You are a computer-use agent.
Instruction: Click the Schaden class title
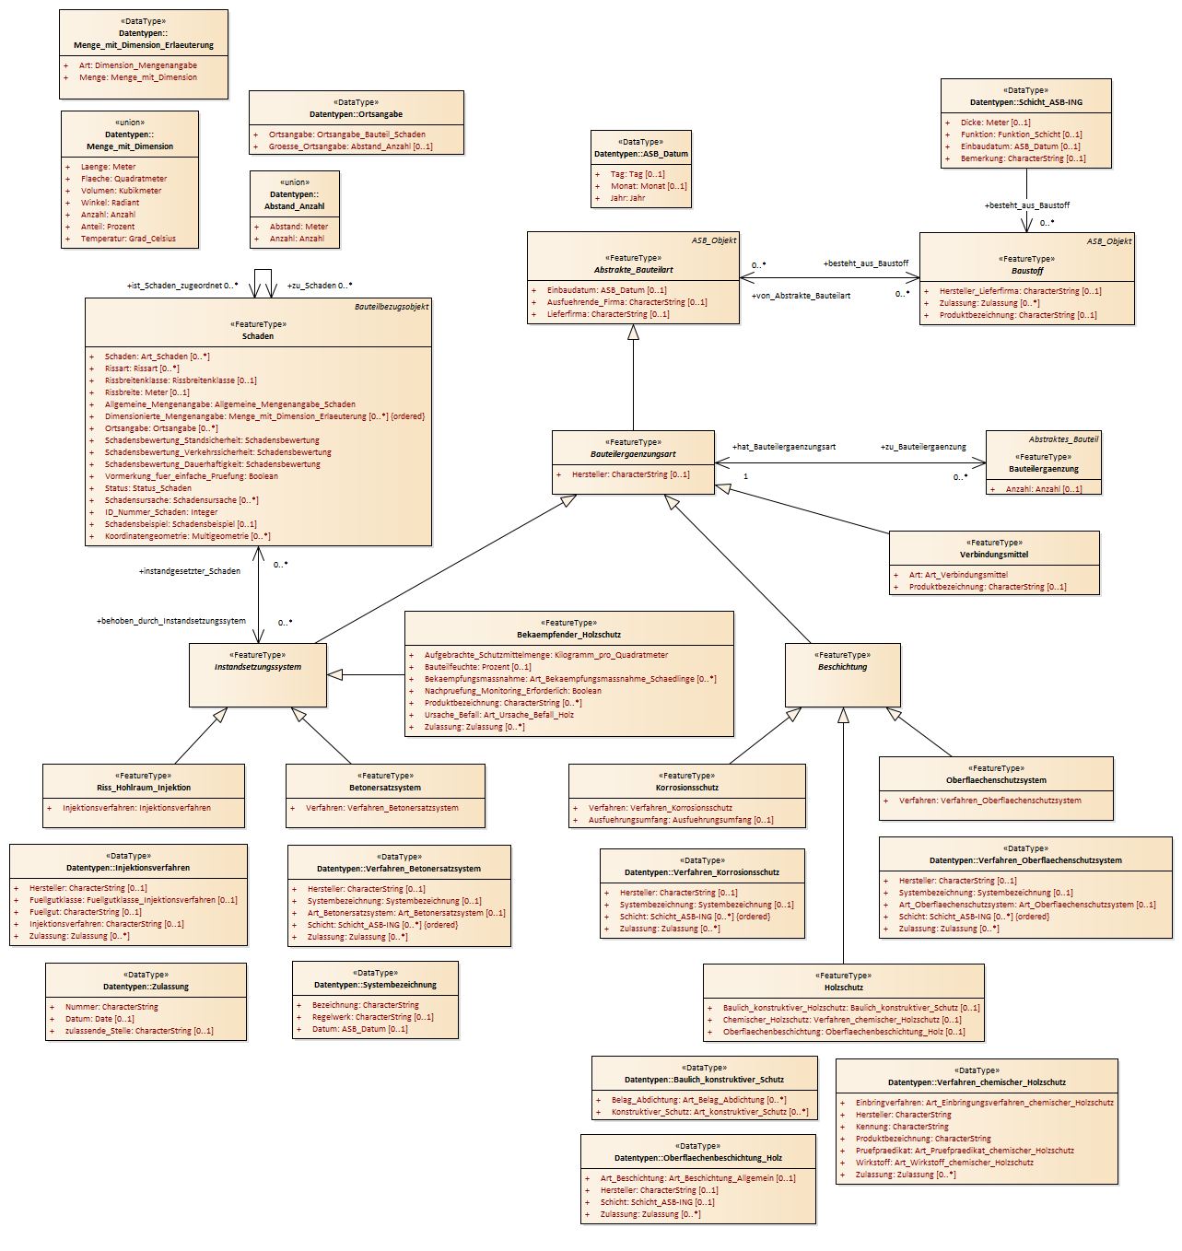(x=258, y=336)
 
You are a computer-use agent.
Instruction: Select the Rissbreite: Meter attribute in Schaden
(x=146, y=392)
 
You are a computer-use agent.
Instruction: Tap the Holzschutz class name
(x=844, y=988)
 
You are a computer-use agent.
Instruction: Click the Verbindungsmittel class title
(x=994, y=555)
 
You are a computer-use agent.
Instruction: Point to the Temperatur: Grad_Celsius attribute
(x=128, y=239)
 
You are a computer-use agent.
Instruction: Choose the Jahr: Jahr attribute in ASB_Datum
(x=627, y=198)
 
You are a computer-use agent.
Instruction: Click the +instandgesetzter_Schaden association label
(x=190, y=571)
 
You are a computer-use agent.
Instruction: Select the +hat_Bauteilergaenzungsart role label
(x=784, y=447)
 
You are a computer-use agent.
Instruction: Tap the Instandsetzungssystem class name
(x=258, y=667)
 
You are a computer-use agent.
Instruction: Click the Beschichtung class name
(x=842, y=667)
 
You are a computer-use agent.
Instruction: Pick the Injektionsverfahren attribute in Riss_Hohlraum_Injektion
(x=136, y=808)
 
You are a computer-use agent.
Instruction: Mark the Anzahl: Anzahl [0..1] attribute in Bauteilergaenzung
(x=1044, y=489)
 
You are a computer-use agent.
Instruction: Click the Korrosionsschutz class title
(x=686, y=788)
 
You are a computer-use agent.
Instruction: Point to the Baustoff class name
(x=1027, y=271)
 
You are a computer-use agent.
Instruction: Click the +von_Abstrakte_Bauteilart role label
(x=801, y=296)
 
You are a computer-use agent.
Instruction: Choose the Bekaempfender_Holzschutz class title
(x=569, y=635)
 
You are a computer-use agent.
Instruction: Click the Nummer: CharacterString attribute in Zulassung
(x=111, y=1007)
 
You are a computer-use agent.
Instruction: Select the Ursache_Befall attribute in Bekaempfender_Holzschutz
(x=499, y=715)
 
